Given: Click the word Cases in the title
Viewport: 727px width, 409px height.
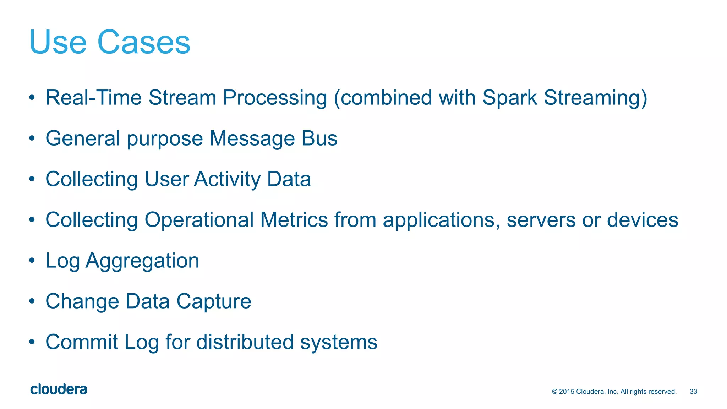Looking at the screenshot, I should [x=144, y=43].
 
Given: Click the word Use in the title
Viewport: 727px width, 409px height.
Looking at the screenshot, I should [x=58, y=43].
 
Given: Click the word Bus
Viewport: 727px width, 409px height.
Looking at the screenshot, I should [x=319, y=138].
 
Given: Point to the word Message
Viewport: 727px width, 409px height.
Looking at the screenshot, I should [x=252, y=139].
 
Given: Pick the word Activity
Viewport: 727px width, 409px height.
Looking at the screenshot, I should [x=227, y=179].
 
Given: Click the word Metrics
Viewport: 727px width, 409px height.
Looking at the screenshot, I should [x=294, y=220].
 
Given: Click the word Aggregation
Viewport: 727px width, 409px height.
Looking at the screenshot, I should [x=142, y=261].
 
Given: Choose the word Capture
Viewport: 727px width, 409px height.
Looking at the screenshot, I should [x=214, y=302].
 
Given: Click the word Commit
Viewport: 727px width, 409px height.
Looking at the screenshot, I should [x=82, y=342].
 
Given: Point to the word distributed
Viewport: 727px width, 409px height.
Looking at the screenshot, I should [x=245, y=342].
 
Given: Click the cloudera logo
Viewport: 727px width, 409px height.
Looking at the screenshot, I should [x=59, y=389].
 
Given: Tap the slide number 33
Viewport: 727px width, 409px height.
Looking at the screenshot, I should [x=693, y=392].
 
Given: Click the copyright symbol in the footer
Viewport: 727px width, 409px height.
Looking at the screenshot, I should [x=555, y=392].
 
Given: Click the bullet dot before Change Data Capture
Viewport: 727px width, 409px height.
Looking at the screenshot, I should [x=32, y=301].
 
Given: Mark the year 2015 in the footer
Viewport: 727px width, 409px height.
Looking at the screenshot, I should [x=567, y=392].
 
